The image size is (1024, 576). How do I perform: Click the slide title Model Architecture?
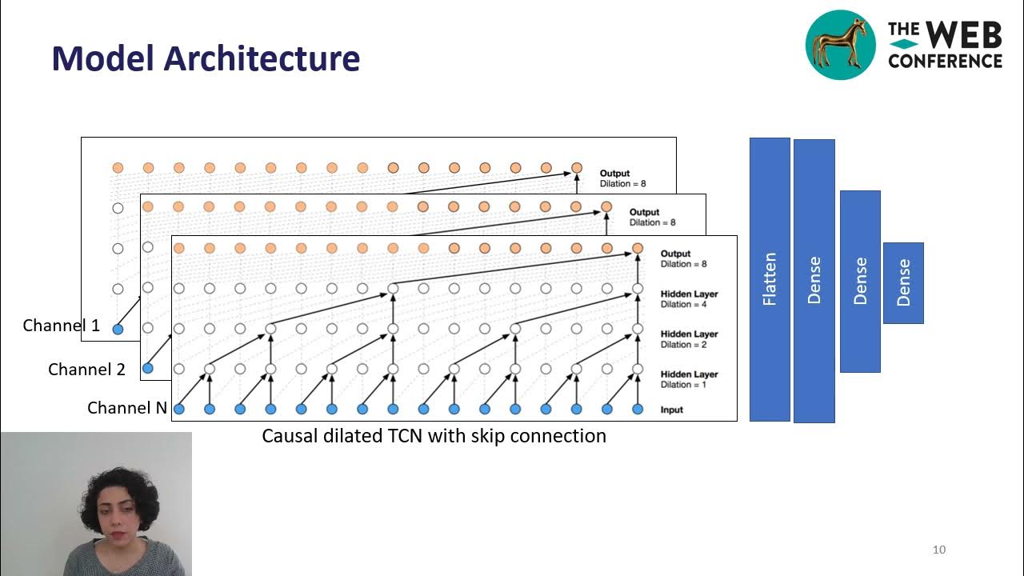206,58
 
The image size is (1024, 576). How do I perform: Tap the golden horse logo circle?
840,45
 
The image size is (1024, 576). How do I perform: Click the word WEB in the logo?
964,36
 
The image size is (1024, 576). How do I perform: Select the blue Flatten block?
770,279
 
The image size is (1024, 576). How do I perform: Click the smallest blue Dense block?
903,283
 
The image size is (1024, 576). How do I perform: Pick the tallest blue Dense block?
814,281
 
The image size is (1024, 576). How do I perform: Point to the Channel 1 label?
62,326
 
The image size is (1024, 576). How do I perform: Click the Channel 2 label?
87,370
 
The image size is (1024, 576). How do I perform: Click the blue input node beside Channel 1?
118,329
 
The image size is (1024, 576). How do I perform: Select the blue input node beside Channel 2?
147,368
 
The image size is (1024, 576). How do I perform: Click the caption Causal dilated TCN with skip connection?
434,436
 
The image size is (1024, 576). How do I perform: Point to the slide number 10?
939,550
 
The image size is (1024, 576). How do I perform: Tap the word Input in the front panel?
672,410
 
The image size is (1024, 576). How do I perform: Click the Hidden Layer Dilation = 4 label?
689,299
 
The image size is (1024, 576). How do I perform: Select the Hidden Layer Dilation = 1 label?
689,379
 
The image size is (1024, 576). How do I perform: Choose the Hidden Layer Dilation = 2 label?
689,339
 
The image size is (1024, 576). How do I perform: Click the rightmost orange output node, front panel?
638,248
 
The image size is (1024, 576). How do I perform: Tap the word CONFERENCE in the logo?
945,61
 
